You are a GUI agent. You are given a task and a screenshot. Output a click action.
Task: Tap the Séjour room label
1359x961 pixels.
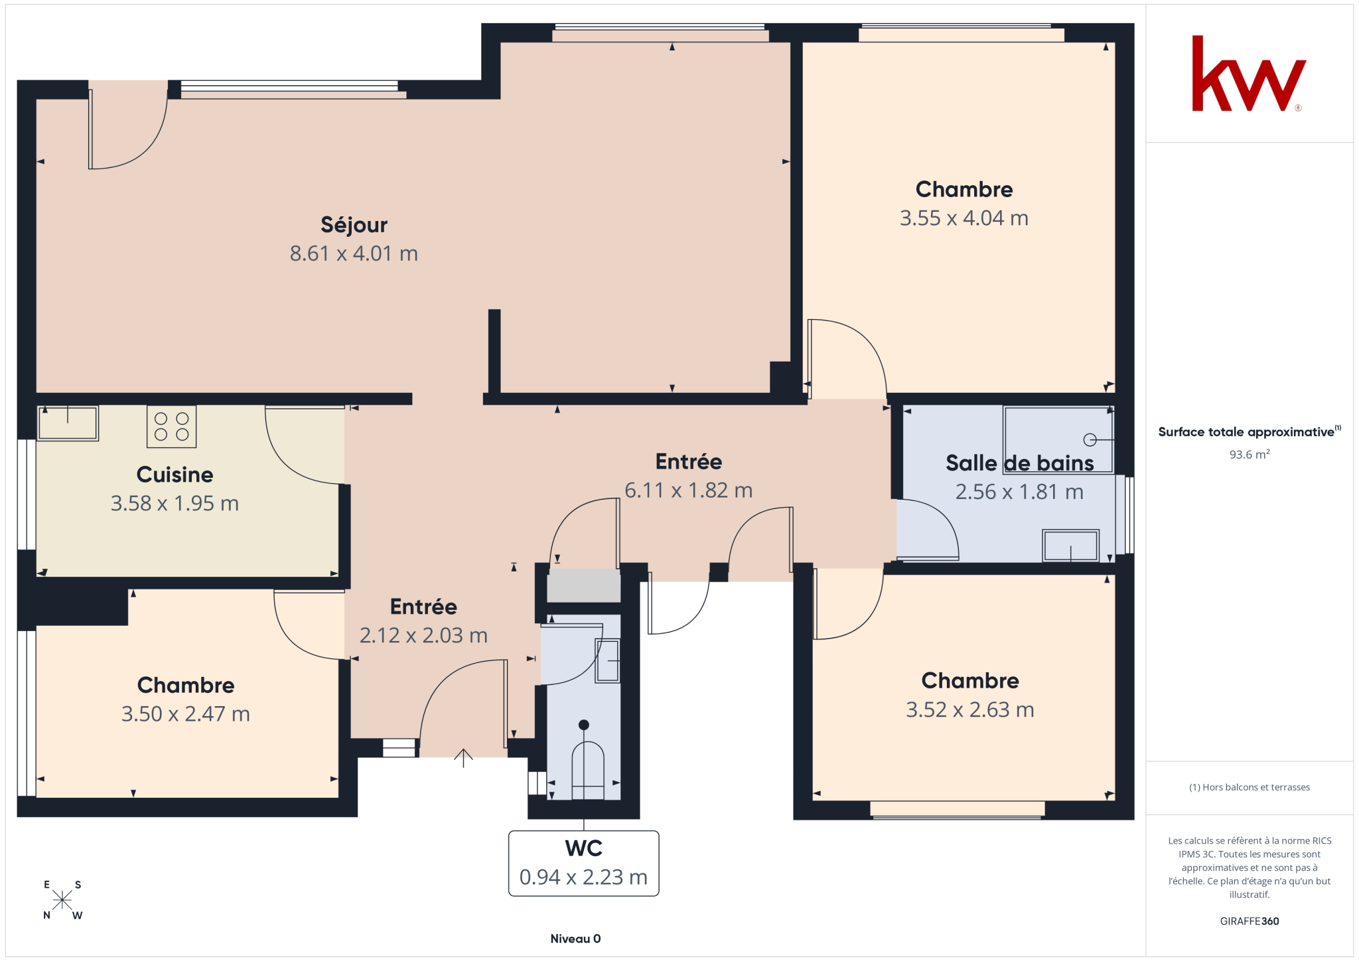click(x=354, y=225)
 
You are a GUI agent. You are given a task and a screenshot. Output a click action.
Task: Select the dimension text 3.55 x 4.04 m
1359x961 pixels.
click(x=964, y=218)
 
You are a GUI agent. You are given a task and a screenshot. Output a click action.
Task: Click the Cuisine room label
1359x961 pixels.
click(x=175, y=475)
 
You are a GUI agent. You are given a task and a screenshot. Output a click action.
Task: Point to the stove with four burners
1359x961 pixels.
click(x=172, y=426)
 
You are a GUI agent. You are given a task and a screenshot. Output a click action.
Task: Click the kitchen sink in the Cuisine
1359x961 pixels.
click(x=68, y=423)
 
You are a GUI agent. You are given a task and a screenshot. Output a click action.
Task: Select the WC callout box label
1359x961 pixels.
click(x=584, y=863)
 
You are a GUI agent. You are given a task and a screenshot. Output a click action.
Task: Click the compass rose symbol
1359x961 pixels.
click(x=62, y=900)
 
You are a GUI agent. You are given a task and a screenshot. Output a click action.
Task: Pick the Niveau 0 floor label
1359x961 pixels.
click(x=575, y=938)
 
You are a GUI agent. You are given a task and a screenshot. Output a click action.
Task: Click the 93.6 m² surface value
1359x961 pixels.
click(x=1250, y=455)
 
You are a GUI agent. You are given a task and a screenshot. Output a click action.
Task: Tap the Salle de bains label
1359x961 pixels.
click(x=1019, y=463)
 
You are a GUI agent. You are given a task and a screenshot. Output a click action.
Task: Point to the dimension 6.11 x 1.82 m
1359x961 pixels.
click(x=689, y=490)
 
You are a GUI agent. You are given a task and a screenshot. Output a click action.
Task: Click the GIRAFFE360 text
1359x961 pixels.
click(x=1250, y=921)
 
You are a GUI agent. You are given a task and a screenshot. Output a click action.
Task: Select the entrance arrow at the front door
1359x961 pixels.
click(x=463, y=758)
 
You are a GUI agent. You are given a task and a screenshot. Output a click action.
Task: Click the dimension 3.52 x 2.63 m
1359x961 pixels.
click(x=970, y=710)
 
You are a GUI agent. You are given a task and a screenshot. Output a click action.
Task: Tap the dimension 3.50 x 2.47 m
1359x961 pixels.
click(x=186, y=714)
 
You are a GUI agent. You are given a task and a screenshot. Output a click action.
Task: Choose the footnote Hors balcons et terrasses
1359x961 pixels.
click(x=1250, y=787)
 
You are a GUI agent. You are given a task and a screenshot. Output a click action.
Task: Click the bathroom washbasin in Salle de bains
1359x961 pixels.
click(x=1071, y=546)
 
